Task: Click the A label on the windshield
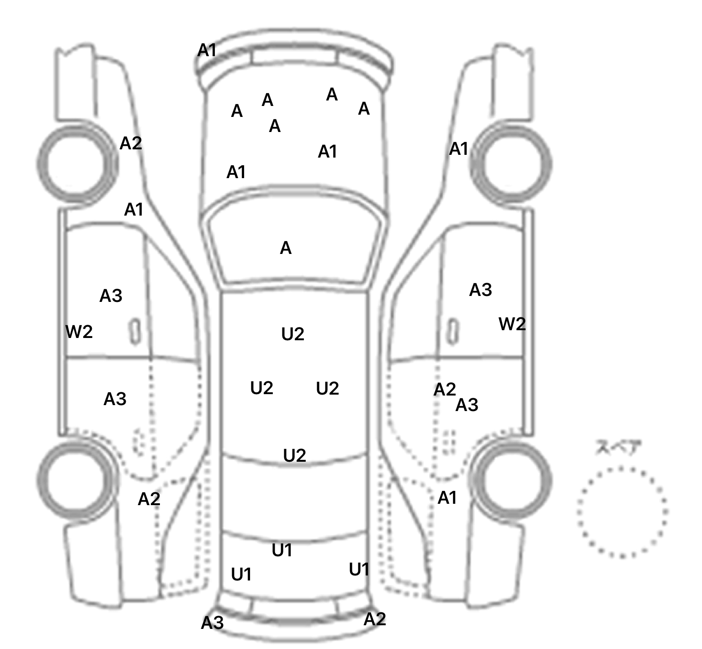286,248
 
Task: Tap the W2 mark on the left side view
79,332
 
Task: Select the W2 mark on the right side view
512,324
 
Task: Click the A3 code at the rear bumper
213,623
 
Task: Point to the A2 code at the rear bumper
375,619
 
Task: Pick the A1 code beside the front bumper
207,50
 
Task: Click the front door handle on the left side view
135,331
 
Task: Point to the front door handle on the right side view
452,331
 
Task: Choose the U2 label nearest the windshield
292,334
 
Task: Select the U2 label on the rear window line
294,455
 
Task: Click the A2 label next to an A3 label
444,390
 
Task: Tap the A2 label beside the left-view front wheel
131,143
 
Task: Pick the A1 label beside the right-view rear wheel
447,498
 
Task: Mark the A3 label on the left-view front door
111,296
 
